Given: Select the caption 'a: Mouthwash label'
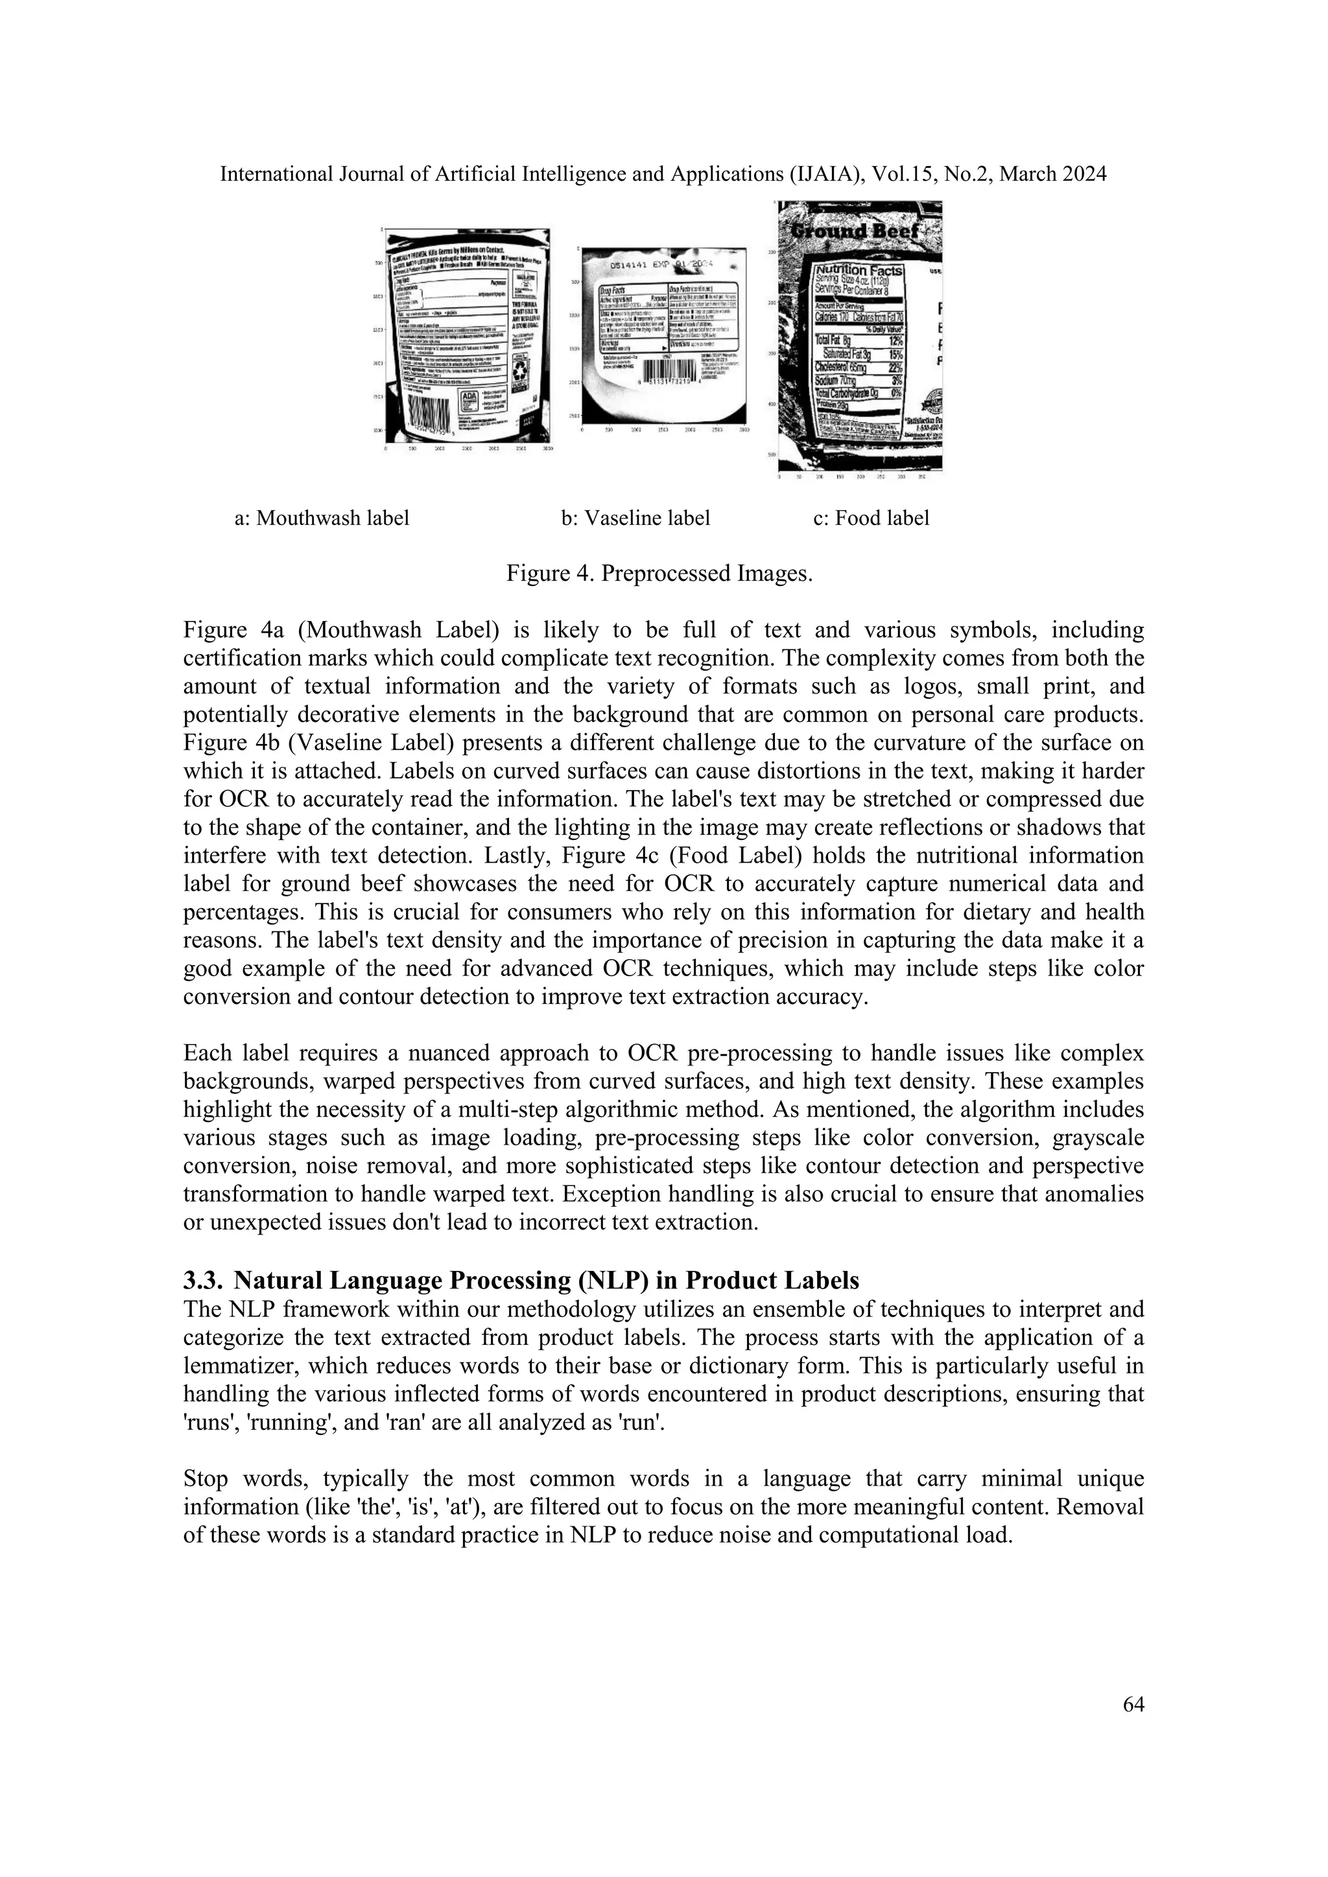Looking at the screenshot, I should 322,519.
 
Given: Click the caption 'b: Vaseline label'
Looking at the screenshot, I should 635,519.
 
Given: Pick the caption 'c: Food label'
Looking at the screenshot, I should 871,519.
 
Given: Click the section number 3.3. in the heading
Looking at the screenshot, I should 204,1280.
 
